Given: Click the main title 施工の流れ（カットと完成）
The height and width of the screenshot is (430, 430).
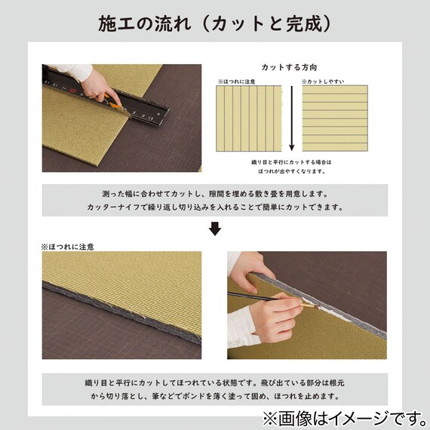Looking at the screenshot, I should (215, 24).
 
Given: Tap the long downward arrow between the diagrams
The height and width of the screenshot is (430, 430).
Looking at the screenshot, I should (290, 117).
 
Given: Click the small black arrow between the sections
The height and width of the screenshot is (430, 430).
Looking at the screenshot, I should (215, 229).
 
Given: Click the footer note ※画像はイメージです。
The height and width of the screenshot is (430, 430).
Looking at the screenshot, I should (342, 416).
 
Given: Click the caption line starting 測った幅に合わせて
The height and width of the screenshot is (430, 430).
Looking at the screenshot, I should (215, 194).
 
